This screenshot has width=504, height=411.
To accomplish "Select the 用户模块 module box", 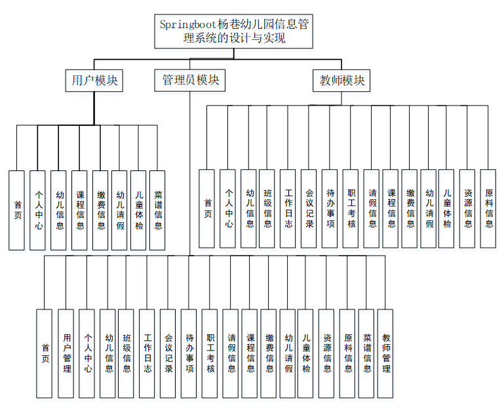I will (x=95, y=81).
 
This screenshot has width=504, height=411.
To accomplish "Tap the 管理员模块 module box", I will (x=190, y=81).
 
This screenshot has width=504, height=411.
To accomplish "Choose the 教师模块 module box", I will (x=341, y=81).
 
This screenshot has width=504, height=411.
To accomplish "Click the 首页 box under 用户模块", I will (x=17, y=210).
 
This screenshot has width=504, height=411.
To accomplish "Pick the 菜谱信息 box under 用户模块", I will (x=157, y=210).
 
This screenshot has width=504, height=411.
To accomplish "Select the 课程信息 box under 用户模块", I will (x=79, y=210).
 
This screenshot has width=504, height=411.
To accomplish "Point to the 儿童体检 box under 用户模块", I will (x=138, y=210).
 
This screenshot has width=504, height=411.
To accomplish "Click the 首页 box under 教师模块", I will (x=207, y=208).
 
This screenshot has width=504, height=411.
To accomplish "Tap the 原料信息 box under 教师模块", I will (x=488, y=208).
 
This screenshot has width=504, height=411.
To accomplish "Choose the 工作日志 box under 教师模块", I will (x=288, y=208).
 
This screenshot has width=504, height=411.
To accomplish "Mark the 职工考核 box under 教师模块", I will (x=351, y=208).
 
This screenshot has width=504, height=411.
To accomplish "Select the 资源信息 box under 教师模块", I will (x=467, y=208).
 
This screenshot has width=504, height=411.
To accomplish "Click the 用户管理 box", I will (x=66, y=353).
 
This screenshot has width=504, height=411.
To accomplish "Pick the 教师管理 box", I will (x=386, y=353).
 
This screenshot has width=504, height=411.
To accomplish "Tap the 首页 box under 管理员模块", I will (x=45, y=353).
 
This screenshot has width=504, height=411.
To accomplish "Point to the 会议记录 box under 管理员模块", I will (x=168, y=353).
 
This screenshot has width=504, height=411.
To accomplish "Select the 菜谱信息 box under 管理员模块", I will (x=367, y=353).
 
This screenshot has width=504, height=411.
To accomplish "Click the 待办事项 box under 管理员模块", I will (x=188, y=353).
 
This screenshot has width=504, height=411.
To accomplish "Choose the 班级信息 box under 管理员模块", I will (x=126, y=353).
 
